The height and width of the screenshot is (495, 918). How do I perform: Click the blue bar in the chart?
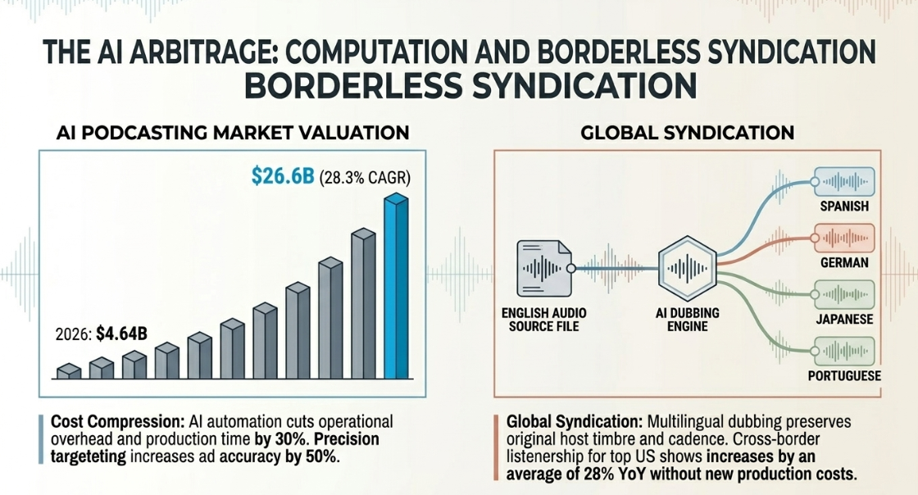[x=397, y=287]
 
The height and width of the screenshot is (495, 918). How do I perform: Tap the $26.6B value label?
[x=283, y=175]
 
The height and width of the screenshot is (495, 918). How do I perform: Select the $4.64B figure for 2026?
[x=122, y=334]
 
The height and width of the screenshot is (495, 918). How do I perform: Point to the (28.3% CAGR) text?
[x=365, y=177]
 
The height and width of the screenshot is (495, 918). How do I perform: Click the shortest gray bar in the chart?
[x=69, y=371]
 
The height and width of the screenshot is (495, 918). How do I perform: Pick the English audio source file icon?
[x=544, y=269]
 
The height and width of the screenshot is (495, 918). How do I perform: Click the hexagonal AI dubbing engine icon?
[x=688, y=269]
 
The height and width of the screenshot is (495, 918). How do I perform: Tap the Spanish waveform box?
[x=844, y=182]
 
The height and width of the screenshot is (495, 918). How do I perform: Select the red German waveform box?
[x=844, y=238]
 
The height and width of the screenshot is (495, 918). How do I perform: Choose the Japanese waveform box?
[x=844, y=294]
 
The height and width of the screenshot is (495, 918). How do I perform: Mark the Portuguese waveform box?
[x=844, y=351]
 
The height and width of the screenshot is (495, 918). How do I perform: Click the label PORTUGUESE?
[x=844, y=375]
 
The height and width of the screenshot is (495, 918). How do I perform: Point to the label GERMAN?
[x=844, y=263]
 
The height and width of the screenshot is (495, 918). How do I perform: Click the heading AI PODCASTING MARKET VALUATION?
[x=233, y=133]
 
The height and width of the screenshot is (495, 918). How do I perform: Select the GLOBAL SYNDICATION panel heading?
[x=688, y=133]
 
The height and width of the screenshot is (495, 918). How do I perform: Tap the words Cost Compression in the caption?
[x=118, y=422]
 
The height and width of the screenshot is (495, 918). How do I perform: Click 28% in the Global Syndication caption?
[x=599, y=474]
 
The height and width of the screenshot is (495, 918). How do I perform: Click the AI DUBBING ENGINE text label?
[x=688, y=320]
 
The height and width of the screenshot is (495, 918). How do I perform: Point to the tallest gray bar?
[x=363, y=304]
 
